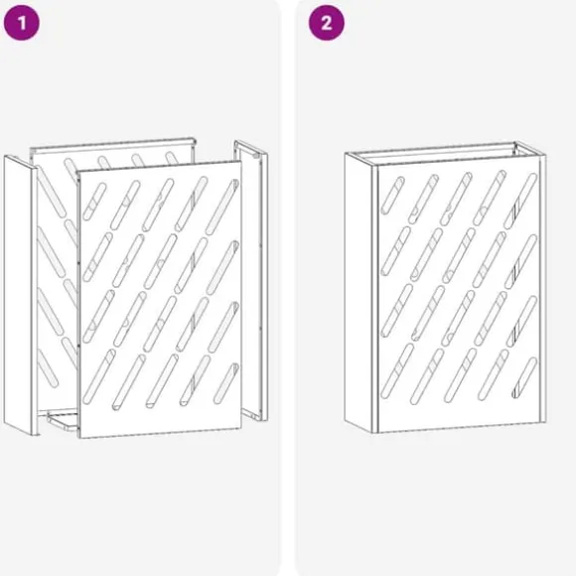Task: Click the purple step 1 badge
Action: click(x=21, y=23)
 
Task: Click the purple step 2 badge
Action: click(x=326, y=23)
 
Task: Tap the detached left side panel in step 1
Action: click(x=20, y=295)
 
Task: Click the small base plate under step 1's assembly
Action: click(x=63, y=421)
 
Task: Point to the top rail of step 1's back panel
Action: click(x=112, y=144)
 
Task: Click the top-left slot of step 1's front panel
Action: click(x=94, y=202)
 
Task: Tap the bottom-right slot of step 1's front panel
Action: click(x=226, y=383)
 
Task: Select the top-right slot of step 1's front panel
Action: click(x=222, y=207)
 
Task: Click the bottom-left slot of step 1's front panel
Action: click(x=99, y=376)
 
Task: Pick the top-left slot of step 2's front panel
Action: click(x=392, y=196)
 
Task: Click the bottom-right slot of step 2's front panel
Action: click(x=524, y=377)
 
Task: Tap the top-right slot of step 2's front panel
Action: click(x=520, y=202)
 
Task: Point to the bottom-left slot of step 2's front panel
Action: click(x=397, y=371)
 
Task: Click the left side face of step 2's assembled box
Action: click(x=359, y=292)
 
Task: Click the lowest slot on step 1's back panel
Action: click(x=48, y=368)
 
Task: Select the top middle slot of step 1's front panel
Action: click(x=158, y=205)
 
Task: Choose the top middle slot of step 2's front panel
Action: click(x=456, y=199)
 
